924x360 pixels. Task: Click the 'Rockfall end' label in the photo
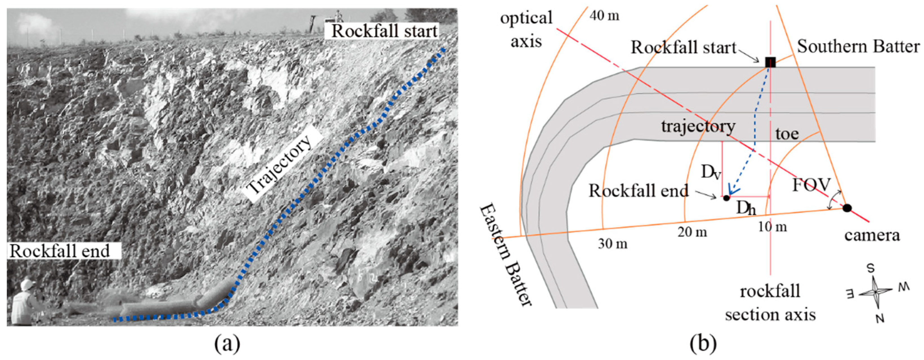[60, 251]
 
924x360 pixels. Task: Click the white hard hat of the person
[27, 284]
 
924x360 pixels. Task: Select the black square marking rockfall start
[770, 62]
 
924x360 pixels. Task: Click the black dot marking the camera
[847, 208]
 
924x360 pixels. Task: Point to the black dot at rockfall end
[726, 198]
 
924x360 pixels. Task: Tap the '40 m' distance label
[604, 16]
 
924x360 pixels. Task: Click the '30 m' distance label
[613, 244]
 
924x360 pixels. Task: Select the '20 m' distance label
[692, 232]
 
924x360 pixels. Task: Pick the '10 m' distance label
[772, 227]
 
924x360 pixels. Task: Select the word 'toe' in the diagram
[787, 134]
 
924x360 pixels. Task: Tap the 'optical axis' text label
[526, 29]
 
